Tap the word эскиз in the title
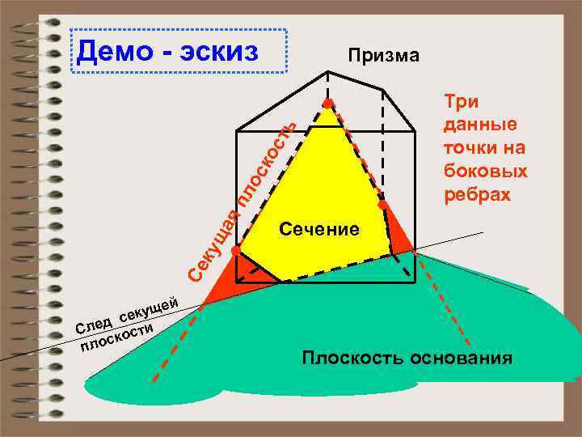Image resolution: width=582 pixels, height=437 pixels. click(218, 51)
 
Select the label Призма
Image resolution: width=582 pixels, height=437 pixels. click(383, 56)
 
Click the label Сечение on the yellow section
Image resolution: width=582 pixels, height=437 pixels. click(318, 229)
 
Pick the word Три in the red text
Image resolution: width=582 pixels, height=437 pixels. click(461, 102)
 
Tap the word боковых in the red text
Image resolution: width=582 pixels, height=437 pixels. click(486, 172)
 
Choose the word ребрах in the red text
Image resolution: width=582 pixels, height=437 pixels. click(478, 195)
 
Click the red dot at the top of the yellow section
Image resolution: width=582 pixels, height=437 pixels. click(328, 104)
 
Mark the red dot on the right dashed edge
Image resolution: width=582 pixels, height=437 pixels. click(382, 206)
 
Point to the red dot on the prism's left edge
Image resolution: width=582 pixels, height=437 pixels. click(235, 252)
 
